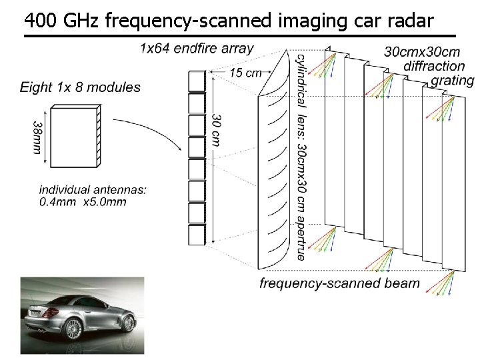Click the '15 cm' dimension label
click(245, 73)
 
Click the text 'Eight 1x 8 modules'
click(80, 87)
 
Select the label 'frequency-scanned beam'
click(339, 283)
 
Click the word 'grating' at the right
click(453, 81)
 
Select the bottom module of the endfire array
click(197, 235)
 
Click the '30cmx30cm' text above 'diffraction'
click(423, 51)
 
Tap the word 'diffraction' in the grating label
click(435, 66)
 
